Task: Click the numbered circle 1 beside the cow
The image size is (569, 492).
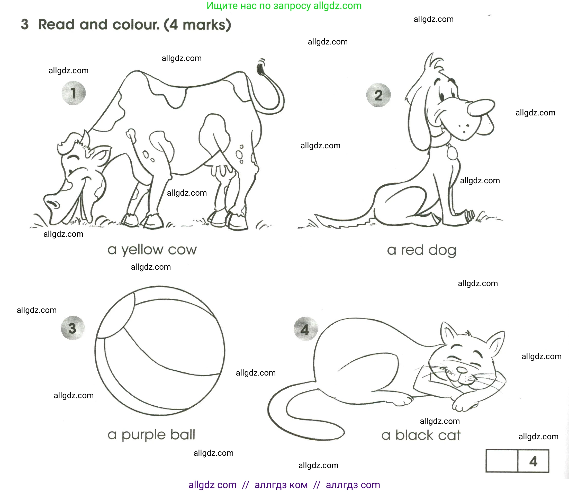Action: pos(73,93)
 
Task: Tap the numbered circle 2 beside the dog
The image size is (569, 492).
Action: pos(378,95)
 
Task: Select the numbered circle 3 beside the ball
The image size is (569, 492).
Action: pos(73,328)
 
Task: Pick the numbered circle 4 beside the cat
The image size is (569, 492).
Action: pos(305,329)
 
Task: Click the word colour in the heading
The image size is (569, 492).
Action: pos(136,25)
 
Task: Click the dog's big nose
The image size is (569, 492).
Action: pos(481,108)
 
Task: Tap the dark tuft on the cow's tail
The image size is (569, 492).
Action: pos(260,68)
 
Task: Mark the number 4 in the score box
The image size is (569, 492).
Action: pos(533,461)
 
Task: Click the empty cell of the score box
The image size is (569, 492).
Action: pos(502,461)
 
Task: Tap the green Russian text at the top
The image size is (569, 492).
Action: pos(284,6)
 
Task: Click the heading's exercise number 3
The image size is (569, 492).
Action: pos(25,24)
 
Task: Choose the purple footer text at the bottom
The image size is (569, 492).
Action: pos(284,485)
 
